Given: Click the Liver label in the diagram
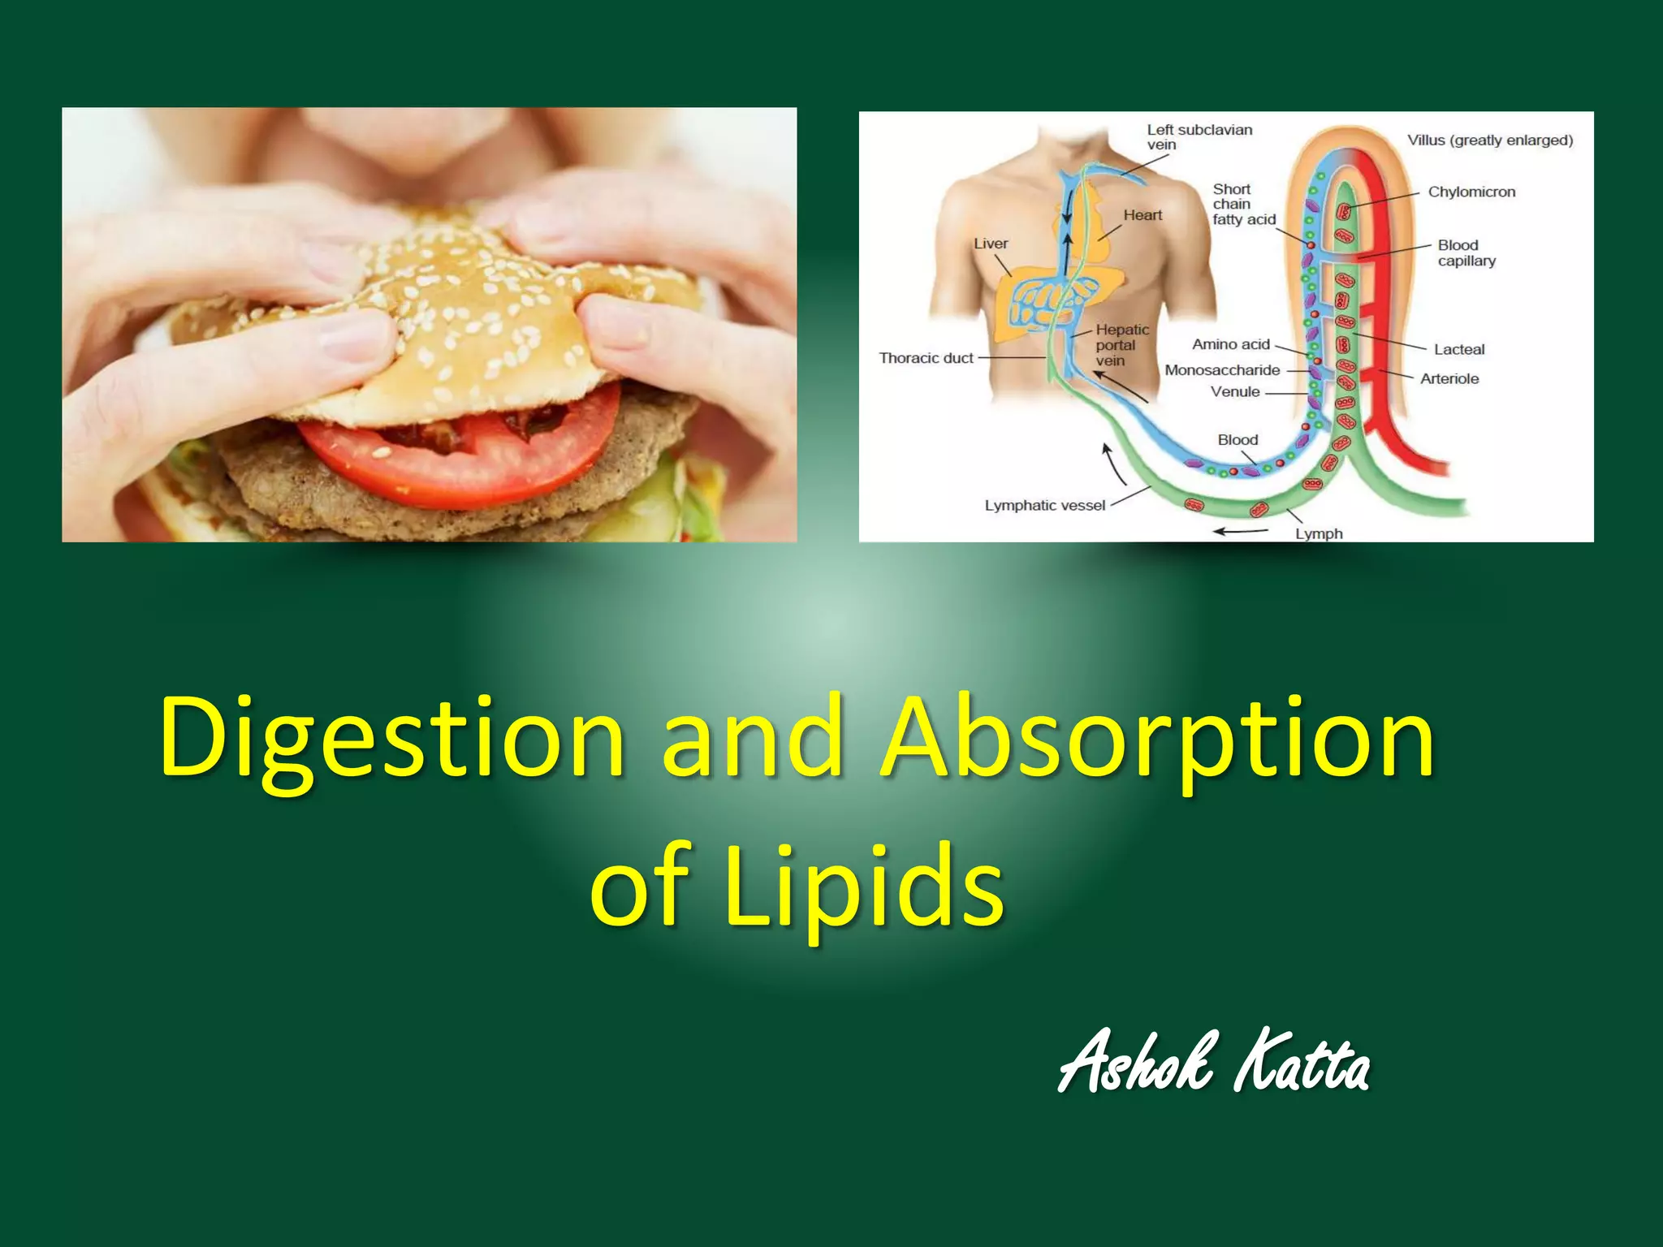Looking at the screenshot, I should [991, 244].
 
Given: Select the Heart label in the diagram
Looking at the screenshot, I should [1143, 215].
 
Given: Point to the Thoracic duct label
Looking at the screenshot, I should [926, 358].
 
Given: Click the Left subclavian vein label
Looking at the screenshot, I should [1199, 137].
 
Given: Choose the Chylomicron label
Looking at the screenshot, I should [1471, 192].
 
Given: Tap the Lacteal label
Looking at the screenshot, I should [1458, 350].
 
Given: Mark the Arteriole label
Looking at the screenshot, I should [1449, 379].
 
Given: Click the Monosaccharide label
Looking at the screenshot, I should [1222, 370].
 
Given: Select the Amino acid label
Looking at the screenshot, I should [1230, 344].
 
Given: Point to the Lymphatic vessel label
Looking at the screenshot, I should [1045, 506].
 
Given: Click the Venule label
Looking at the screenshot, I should [1235, 392].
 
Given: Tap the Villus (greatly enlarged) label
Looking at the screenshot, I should [1490, 140].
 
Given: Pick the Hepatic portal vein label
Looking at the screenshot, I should [1121, 345].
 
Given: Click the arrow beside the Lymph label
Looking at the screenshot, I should [1240, 532].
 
